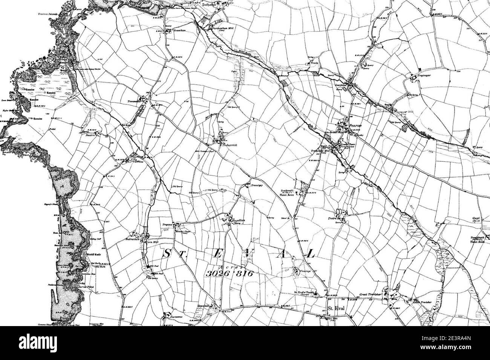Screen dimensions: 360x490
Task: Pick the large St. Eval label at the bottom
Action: (x=336, y=308)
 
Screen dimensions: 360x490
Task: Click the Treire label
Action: (x=332, y=218)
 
